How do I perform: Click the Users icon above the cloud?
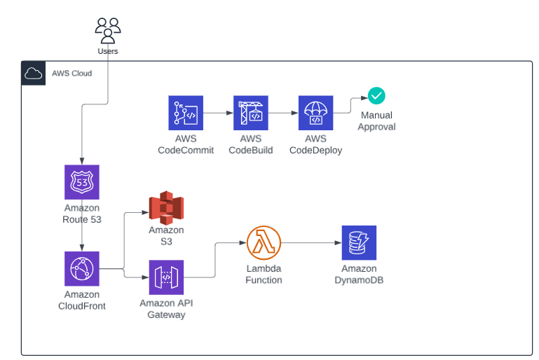pos(107,31)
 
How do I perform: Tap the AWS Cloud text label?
pos(71,73)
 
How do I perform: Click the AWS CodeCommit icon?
pos(186,113)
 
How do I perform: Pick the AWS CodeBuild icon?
pos(250,113)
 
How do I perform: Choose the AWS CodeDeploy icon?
pos(315,113)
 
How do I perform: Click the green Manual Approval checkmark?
pos(376,96)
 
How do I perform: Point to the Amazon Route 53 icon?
pos(82,182)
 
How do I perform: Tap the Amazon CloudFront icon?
pos(82,269)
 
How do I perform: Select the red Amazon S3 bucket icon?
pos(166,207)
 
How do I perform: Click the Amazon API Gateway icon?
pos(166,277)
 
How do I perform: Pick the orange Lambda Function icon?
pos(264,243)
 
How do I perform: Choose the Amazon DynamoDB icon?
pos(359,243)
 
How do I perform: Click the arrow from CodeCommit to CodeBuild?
pos(218,113)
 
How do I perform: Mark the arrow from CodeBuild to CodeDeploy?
pos(282,113)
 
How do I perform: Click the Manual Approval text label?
pos(376,120)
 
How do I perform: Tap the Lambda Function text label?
pos(264,274)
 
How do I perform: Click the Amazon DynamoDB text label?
pos(359,274)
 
